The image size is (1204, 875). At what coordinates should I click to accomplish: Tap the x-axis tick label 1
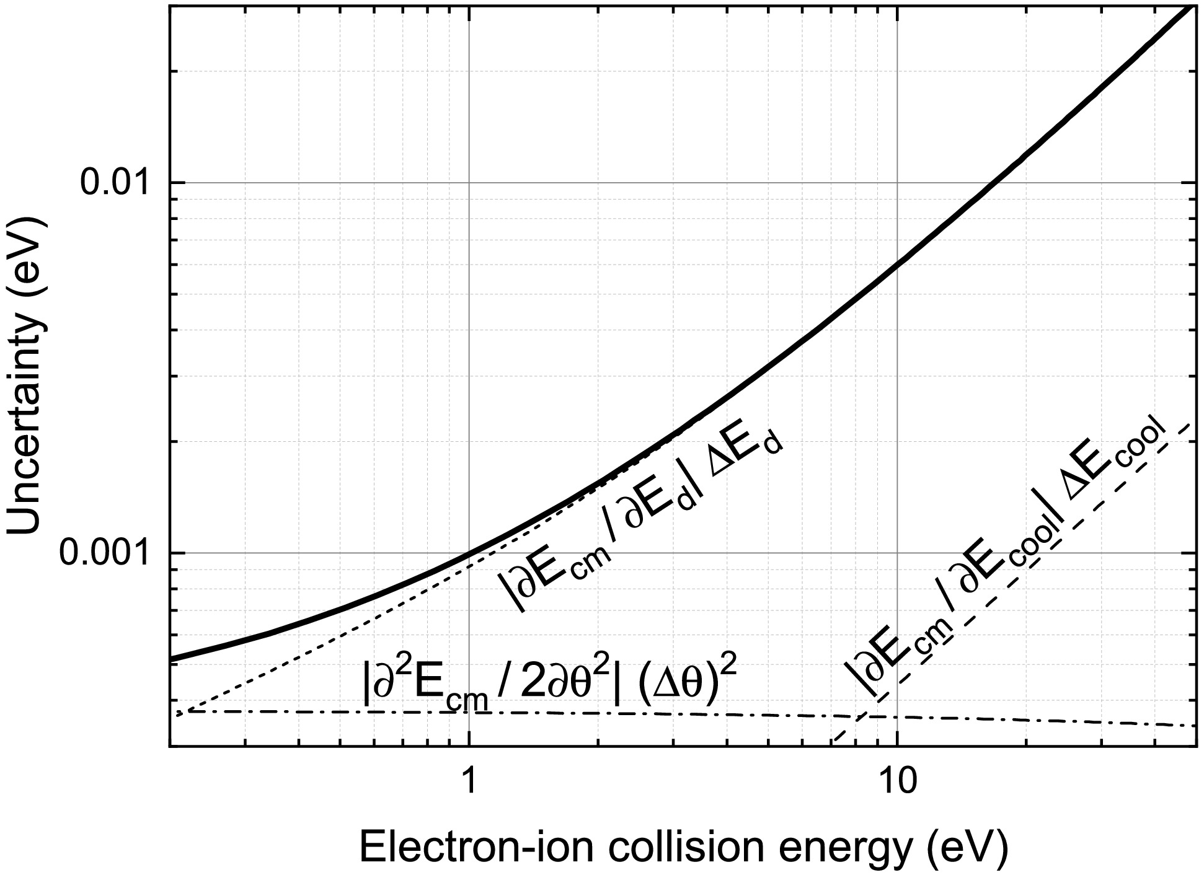tap(469, 781)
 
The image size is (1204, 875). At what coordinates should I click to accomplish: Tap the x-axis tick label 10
tap(896, 781)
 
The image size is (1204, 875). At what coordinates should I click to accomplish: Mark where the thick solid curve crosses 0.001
tap(469, 552)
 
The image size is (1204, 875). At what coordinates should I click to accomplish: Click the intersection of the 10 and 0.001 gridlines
tap(897, 552)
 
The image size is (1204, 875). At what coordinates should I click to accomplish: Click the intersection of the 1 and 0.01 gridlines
tap(469, 183)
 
